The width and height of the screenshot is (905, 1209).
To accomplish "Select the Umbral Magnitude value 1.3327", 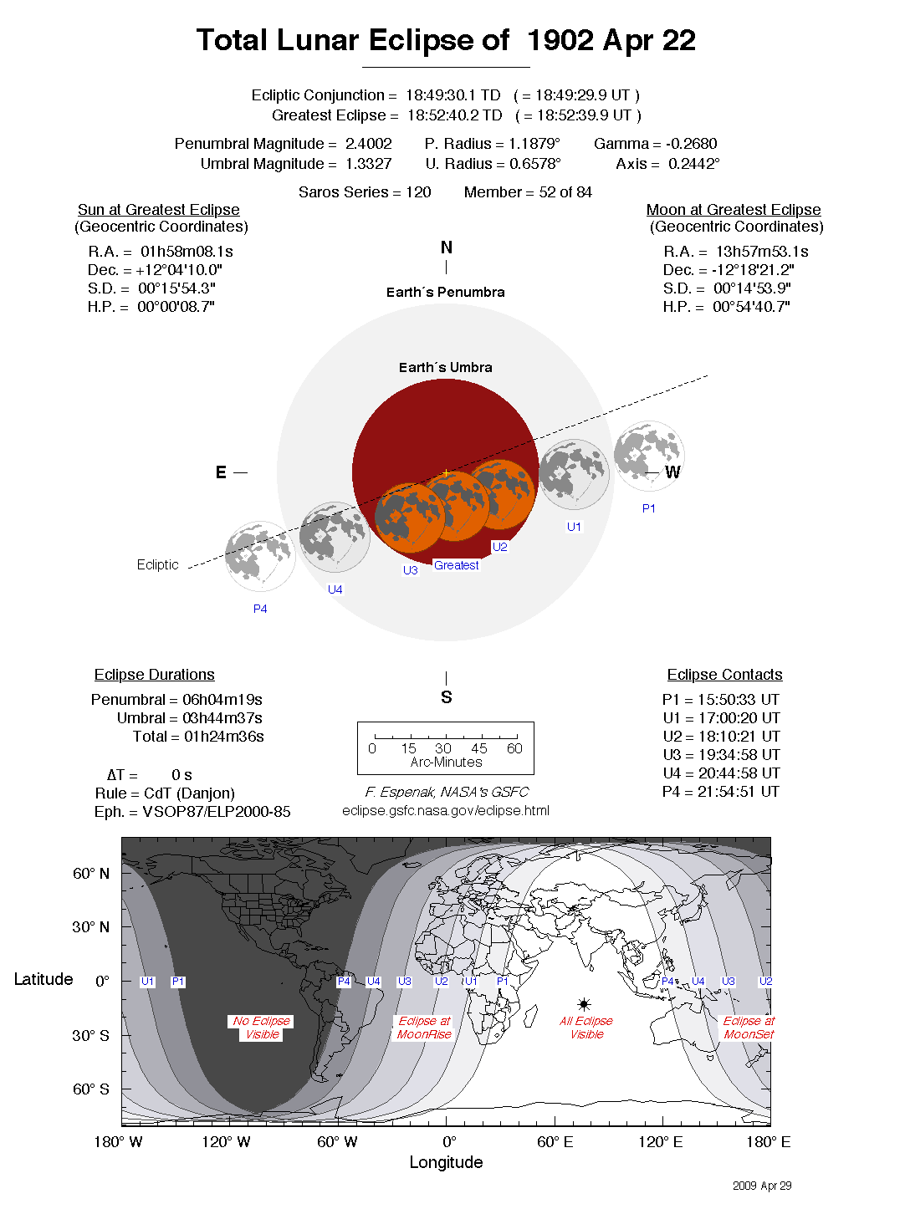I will click(368, 164).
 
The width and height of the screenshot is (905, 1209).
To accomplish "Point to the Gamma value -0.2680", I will click(691, 144).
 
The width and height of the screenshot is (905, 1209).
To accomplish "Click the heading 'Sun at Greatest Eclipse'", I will click(159, 210).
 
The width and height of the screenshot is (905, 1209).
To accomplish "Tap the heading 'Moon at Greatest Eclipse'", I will click(734, 210).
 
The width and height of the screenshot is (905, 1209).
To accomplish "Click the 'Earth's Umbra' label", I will click(446, 368).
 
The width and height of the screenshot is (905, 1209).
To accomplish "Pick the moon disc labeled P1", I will click(649, 457).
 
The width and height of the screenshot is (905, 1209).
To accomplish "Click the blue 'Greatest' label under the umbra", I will click(457, 566).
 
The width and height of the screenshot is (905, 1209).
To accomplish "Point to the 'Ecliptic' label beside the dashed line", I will click(158, 565).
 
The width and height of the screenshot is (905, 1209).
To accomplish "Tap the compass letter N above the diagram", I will click(447, 247).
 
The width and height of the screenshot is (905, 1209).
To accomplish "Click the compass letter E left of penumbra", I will click(221, 472).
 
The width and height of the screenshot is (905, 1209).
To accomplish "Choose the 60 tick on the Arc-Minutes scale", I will click(514, 748).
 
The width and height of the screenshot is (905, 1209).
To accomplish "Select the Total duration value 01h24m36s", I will click(224, 737).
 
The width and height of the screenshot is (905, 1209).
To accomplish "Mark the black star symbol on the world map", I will click(584, 1003).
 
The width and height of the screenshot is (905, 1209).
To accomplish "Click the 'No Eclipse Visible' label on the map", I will click(262, 1028).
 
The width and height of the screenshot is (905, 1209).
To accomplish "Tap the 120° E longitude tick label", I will click(660, 1142).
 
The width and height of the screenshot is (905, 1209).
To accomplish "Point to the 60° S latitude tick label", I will click(91, 1089).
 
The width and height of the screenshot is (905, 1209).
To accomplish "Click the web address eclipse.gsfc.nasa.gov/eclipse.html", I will click(446, 810).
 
